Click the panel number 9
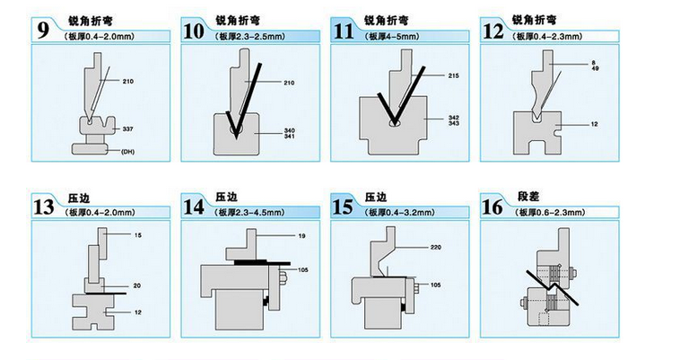[41, 26]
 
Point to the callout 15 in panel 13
[138, 235]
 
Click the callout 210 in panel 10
[289, 83]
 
